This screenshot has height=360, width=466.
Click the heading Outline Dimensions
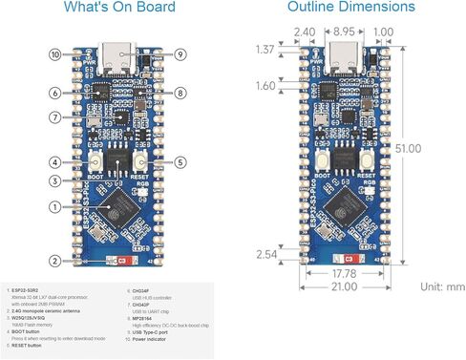[351, 8]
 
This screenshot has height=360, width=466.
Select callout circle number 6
[56, 93]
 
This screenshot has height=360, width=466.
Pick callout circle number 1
[56, 205]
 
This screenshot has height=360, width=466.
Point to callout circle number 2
[56, 260]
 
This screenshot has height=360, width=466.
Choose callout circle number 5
[180, 162]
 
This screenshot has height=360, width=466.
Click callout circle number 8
[180, 93]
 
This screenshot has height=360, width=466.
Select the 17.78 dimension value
[346, 275]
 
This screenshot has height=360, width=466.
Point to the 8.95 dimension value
[346, 32]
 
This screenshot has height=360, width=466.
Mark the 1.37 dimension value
[265, 47]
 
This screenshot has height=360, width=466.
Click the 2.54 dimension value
[265, 253]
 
